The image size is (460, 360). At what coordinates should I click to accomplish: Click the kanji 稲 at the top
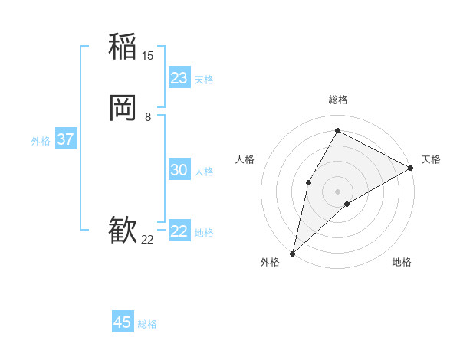tap(123, 46)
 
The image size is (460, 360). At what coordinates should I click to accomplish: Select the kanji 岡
tap(123, 108)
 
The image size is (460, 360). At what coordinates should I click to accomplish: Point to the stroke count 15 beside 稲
tap(148, 56)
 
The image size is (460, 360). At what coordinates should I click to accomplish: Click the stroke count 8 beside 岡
tap(148, 117)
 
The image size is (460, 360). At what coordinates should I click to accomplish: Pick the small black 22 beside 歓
tap(148, 240)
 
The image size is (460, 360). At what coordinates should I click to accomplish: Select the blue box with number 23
tap(179, 78)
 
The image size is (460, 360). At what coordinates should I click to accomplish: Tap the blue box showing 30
tap(179, 170)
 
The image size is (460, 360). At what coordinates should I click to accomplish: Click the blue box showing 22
tap(179, 231)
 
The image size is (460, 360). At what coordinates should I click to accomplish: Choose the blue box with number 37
tap(66, 139)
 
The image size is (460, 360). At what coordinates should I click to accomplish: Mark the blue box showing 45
tap(123, 322)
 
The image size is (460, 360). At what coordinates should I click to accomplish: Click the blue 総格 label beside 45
tap(147, 324)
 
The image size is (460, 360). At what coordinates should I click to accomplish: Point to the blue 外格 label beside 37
tap(41, 141)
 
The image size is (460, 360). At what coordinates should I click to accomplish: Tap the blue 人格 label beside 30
tap(205, 172)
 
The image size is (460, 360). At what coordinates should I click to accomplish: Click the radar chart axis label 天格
tap(431, 159)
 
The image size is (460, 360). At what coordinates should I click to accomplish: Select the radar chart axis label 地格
tap(402, 263)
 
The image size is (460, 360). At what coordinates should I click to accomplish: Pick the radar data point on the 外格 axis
tap(292, 253)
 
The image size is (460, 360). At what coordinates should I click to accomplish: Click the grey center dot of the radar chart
tap(337, 191)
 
